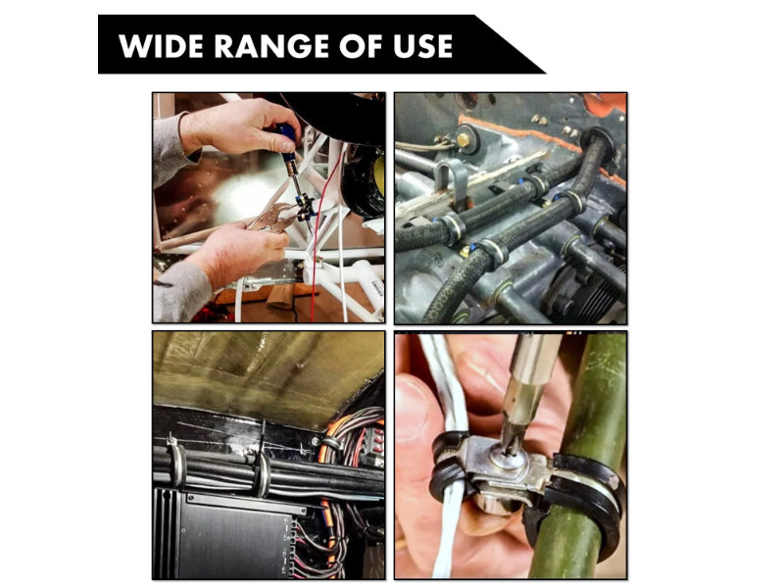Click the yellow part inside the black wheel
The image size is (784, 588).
pyautogui.click(x=378, y=176)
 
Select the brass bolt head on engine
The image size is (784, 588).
pyautogui.click(x=462, y=140)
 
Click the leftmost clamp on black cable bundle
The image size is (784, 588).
pyautogui.click(x=176, y=461)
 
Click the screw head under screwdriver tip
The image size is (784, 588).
pyautogui.click(x=511, y=450)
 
